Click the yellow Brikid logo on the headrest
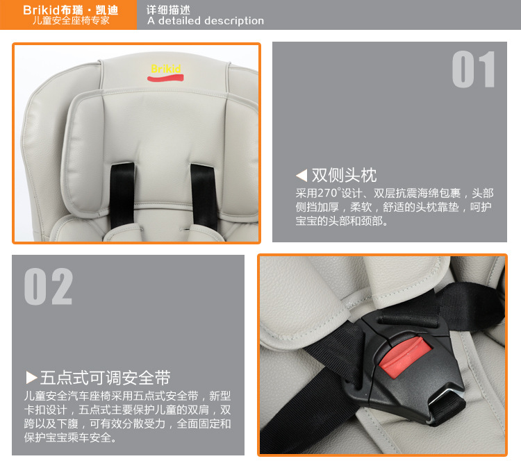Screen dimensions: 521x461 click(166, 69)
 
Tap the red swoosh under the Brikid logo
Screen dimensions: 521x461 click(165, 78)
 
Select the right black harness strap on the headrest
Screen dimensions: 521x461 click(204, 196)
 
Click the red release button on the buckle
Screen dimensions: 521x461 click(406, 357)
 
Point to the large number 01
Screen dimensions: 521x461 click(474, 69)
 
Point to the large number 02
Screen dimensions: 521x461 click(48, 286)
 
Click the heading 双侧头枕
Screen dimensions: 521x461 click(344, 175)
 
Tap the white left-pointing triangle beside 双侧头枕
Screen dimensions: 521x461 click(301, 175)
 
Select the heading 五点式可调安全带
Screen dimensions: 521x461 click(106, 378)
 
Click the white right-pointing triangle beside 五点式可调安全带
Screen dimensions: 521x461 click(31, 377)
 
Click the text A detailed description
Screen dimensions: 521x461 click(206, 21)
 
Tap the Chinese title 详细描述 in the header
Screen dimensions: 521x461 click(169, 10)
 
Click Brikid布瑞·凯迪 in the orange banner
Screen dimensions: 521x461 click(70, 10)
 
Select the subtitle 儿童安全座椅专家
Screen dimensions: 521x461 click(71, 21)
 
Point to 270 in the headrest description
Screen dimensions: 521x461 click(327, 193)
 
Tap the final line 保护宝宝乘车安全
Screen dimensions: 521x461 click(70, 437)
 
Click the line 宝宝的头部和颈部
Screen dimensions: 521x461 click(342, 221)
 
